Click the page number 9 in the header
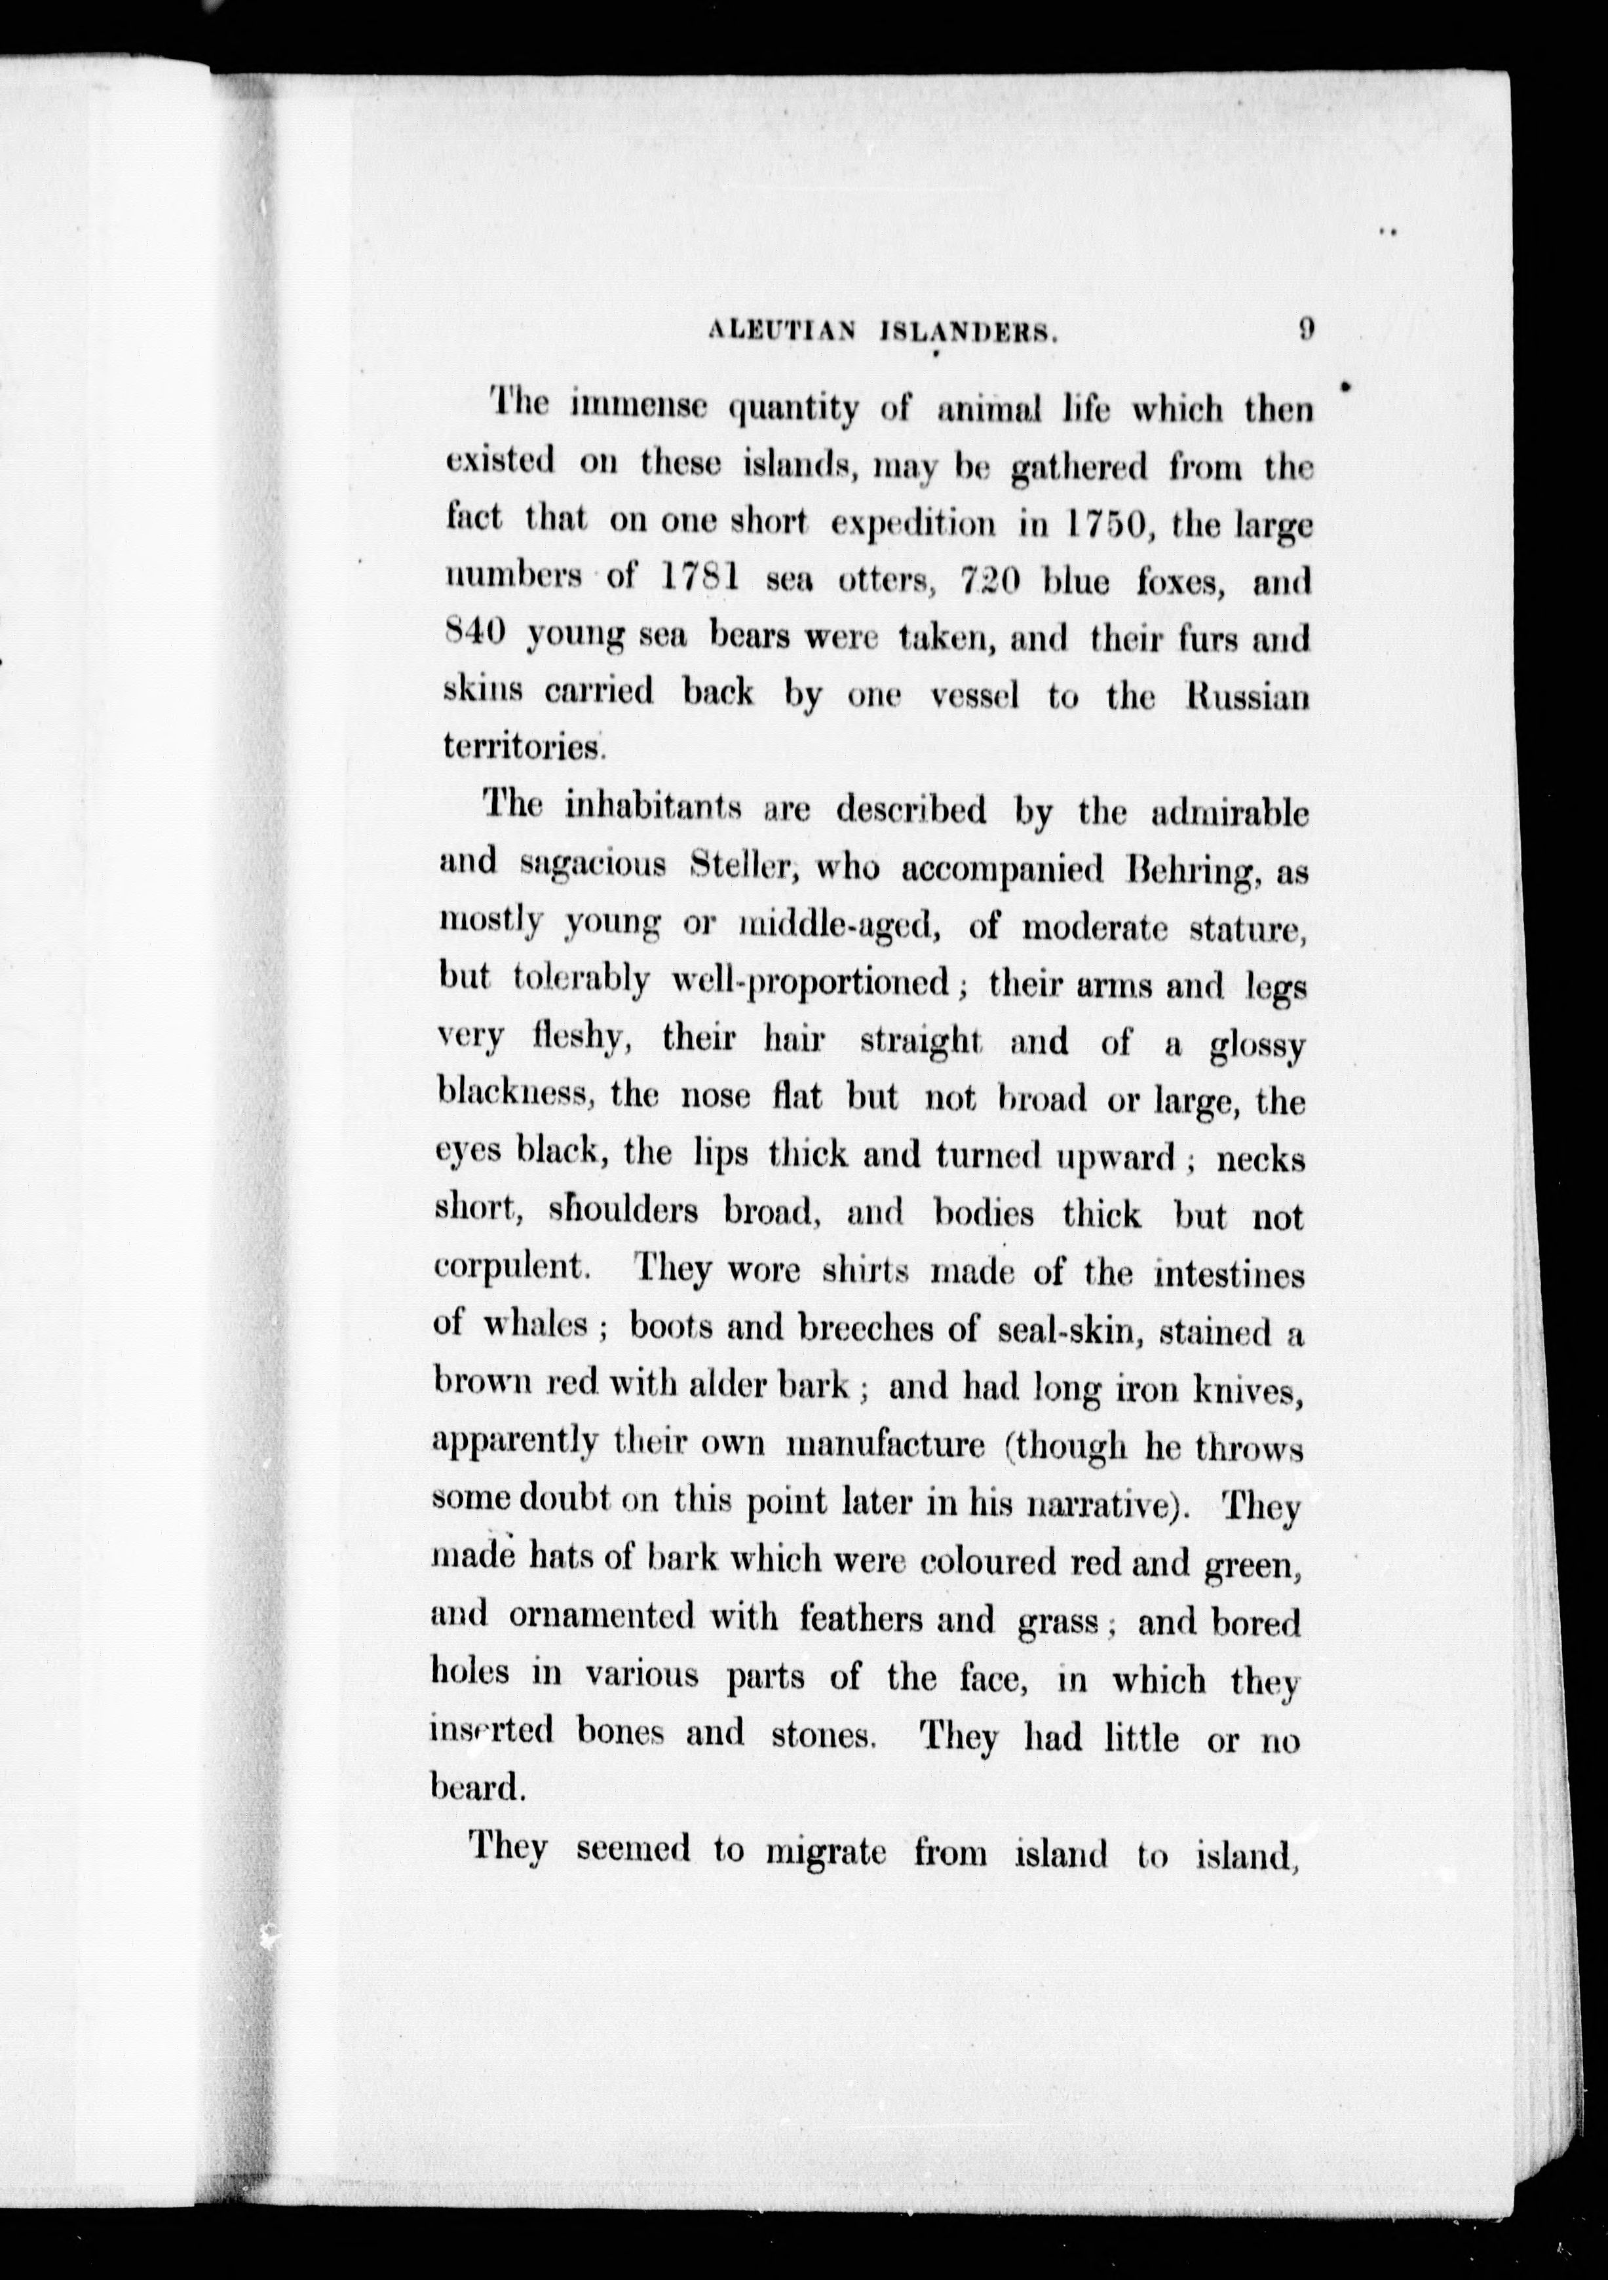click(x=1306, y=330)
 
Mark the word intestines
click(x=1229, y=1274)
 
